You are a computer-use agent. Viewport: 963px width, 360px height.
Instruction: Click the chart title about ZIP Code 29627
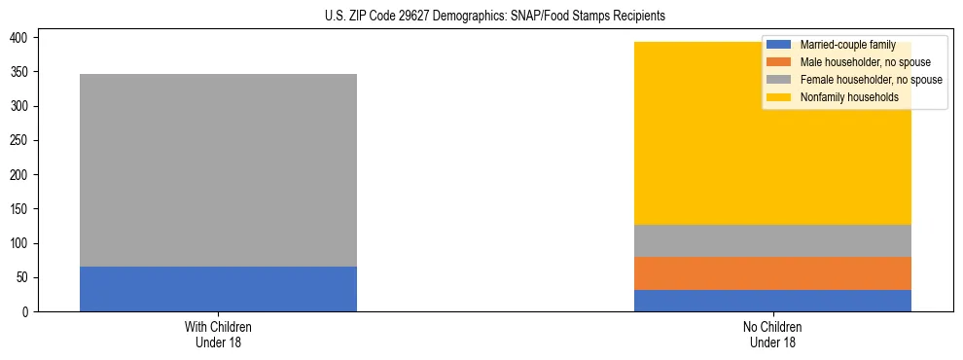(495, 17)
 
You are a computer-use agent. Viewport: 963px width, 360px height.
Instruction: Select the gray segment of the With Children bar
(218, 170)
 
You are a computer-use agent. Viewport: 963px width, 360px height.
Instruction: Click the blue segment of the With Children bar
(218, 289)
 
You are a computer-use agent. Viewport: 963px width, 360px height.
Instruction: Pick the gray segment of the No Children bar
(772, 240)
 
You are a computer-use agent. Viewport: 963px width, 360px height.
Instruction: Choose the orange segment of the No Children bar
(772, 273)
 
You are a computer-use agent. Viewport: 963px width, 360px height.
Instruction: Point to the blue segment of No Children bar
(772, 301)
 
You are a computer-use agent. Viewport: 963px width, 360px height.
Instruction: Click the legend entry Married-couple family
(847, 45)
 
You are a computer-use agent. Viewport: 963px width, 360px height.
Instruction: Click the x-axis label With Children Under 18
(218, 334)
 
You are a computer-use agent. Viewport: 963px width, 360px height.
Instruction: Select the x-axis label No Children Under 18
(772, 334)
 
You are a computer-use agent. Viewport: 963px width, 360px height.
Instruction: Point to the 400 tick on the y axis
(22, 37)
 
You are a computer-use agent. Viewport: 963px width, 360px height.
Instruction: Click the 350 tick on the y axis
(22, 72)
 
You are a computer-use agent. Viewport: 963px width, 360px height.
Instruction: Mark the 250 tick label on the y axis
(22, 140)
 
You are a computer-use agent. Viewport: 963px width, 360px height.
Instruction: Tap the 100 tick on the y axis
(22, 243)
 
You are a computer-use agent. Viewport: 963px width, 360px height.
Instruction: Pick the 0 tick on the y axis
(28, 311)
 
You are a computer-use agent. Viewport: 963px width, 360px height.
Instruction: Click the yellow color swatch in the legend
(779, 97)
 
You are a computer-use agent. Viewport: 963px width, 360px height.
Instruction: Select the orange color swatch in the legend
(779, 62)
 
